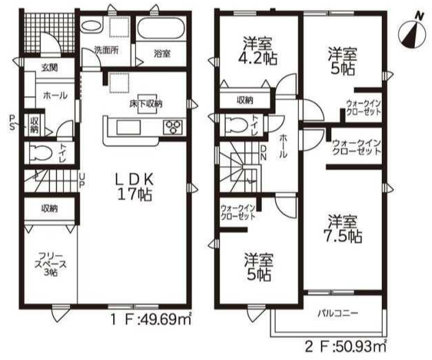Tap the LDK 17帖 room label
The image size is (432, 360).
[134, 187]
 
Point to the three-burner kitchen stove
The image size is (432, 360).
[173, 128]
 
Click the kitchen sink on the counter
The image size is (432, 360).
[128, 128]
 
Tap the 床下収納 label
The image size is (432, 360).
[146, 104]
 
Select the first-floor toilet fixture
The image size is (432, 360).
[40, 152]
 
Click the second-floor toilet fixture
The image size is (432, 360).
[237, 125]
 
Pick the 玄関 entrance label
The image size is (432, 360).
[50, 67]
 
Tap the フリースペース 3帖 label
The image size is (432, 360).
[51, 264]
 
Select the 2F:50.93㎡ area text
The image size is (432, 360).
[346, 346]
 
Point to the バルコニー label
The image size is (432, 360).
[338, 313]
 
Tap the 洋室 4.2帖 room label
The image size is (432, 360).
[258, 51]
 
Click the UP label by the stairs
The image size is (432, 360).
[82, 180]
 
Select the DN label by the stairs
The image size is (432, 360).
[263, 153]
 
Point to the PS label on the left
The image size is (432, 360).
[12, 123]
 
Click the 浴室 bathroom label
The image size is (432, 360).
[162, 53]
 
